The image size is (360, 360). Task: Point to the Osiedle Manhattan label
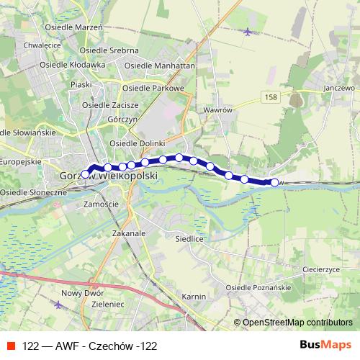160,65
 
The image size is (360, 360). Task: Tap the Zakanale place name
130,233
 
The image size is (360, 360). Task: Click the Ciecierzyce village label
321,269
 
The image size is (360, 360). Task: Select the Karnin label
194,297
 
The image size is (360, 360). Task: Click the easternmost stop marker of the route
274,182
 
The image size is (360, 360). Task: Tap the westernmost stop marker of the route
85,174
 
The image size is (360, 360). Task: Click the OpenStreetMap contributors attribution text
297,323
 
